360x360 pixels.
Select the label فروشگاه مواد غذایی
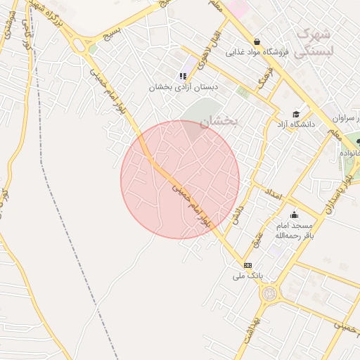[x=258, y=53]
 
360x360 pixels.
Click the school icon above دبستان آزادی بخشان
[x=183, y=76]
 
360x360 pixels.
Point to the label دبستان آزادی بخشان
[x=183, y=87]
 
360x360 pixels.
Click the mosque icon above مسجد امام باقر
[x=294, y=215]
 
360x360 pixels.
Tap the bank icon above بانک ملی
[x=247, y=264]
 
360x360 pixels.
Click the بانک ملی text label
[x=247, y=276]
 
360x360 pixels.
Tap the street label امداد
[x=273, y=192]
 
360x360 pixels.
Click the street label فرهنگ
[x=264, y=80]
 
